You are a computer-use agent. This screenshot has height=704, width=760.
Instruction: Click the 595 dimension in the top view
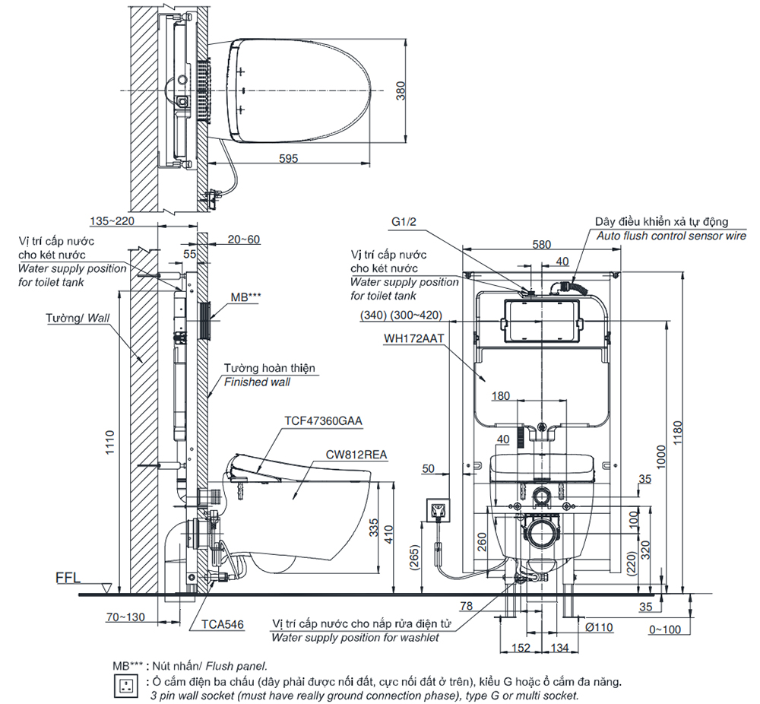[x=287, y=158]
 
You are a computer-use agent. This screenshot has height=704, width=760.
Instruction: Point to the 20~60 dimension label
[x=244, y=239]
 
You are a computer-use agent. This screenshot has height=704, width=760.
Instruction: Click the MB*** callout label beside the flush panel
[x=244, y=297]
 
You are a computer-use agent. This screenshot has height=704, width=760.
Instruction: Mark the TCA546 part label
[x=223, y=624]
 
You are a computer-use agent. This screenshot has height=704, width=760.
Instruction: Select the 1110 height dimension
[x=110, y=441]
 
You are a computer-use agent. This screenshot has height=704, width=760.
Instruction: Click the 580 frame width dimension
[x=541, y=245]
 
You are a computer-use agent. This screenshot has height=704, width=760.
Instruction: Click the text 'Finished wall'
[x=256, y=382]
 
